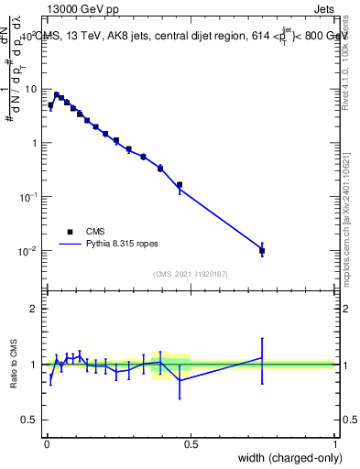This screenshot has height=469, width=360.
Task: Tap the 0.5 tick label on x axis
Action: coord(191,443)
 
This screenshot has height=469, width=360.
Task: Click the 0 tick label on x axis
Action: coord(46,443)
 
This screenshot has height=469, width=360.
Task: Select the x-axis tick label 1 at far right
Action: coord(335,443)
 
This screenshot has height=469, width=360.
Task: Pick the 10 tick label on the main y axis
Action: coord(33,89)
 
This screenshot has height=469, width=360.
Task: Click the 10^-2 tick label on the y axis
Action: coord(31,251)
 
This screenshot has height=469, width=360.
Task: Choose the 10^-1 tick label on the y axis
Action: coord(31,197)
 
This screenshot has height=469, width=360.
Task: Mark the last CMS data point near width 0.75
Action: coord(262,250)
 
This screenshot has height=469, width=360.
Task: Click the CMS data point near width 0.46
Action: coord(180,185)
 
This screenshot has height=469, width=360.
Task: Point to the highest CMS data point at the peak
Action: coord(57,94)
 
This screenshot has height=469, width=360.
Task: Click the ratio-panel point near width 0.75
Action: coord(262,358)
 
